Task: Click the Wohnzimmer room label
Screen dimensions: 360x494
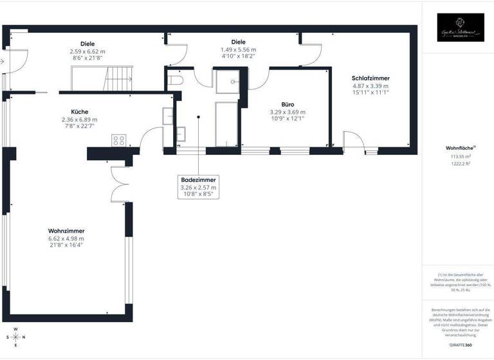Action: (66, 231)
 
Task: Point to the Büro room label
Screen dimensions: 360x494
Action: (288, 104)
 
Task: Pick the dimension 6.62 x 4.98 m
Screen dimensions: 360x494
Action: (66, 239)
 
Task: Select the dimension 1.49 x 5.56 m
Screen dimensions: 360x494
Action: (239, 50)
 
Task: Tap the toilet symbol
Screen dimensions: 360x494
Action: (176, 79)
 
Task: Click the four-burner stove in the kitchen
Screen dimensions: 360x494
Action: (119, 140)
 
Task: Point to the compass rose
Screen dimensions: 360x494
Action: (16, 337)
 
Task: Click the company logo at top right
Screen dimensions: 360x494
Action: (460, 28)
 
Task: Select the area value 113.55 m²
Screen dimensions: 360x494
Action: (461, 156)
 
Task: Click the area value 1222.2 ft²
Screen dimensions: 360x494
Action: (461, 164)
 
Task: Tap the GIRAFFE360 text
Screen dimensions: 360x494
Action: (460, 345)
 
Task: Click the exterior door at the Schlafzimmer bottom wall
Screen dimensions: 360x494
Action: (353, 141)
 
